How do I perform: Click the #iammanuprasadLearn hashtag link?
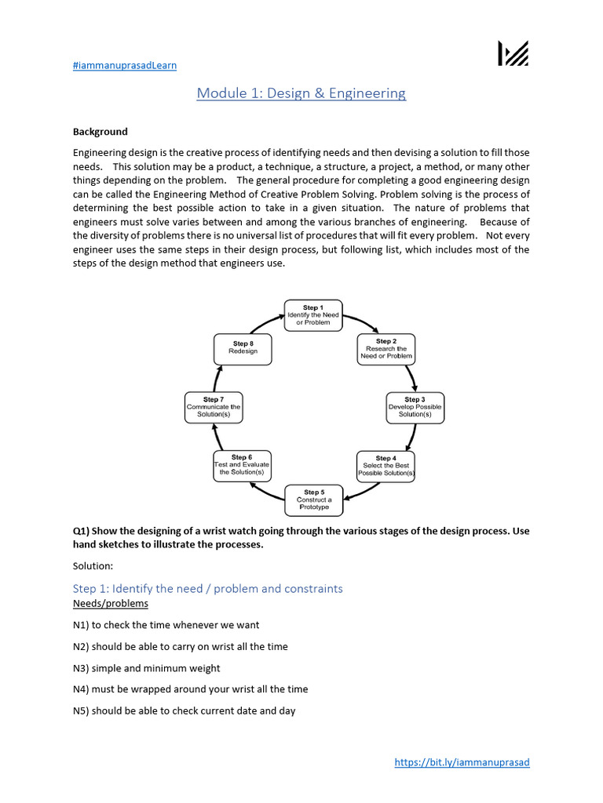pyautogui.click(x=125, y=65)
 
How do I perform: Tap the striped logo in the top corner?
pyautogui.click(x=513, y=53)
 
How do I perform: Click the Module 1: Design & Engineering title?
pyautogui.click(x=301, y=93)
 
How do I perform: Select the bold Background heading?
pyautogui.click(x=100, y=132)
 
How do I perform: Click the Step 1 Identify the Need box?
pyautogui.click(x=313, y=315)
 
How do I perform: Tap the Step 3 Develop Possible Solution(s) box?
pyautogui.click(x=415, y=407)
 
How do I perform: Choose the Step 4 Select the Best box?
pyautogui.click(x=386, y=466)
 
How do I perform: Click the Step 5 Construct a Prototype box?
pyautogui.click(x=313, y=500)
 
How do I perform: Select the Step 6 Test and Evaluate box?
pyautogui.click(x=242, y=466)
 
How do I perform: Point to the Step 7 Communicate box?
pyautogui.click(x=213, y=407)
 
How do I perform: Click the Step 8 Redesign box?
pyautogui.click(x=243, y=348)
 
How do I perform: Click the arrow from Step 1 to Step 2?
pyautogui.click(x=360, y=322)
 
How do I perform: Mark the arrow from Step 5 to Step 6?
pyautogui.click(x=265, y=492)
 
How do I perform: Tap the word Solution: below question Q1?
pyautogui.click(x=93, y=565)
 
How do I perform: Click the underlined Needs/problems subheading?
pyautogui.click(x=110, y=604)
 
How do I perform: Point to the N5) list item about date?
pyautogui.click(x=184, y=711)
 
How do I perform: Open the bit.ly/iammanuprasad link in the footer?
pyautogui.click(x=462, y=762)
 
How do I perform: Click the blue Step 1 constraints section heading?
pyautogui.click(x=207, y=588)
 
